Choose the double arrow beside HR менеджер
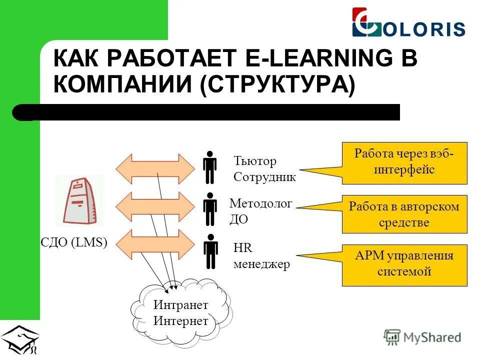click(x=154, y=244)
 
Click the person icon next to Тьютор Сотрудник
click(x=210, y=167)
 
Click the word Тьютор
click(x=255, y=161)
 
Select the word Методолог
click(x=260, y=203)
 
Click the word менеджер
click(x=261, y=264)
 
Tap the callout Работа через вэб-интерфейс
click(x=404, y=162)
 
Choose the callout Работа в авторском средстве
click(x=404, y=214)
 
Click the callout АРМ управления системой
click(x=404, y=264)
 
